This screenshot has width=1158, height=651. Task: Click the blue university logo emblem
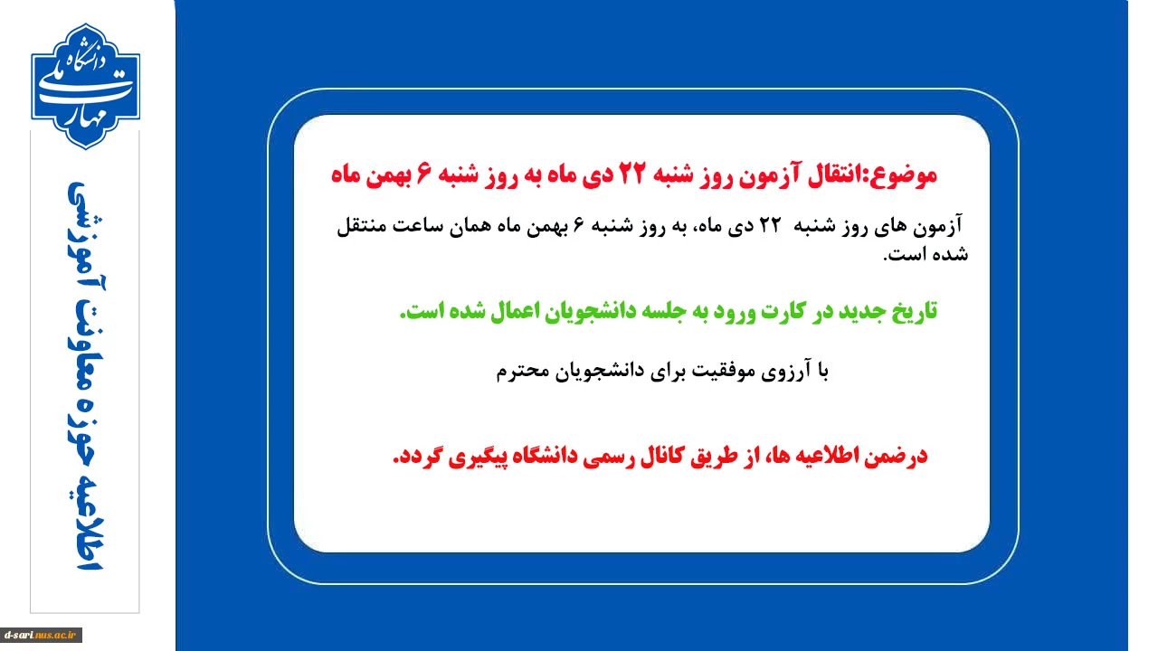[85, 86]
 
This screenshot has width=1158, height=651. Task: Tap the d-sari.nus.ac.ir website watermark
[41, 635]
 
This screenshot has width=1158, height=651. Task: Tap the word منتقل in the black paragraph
[361, 226]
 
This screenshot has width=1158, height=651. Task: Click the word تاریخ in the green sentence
[914, 311]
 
